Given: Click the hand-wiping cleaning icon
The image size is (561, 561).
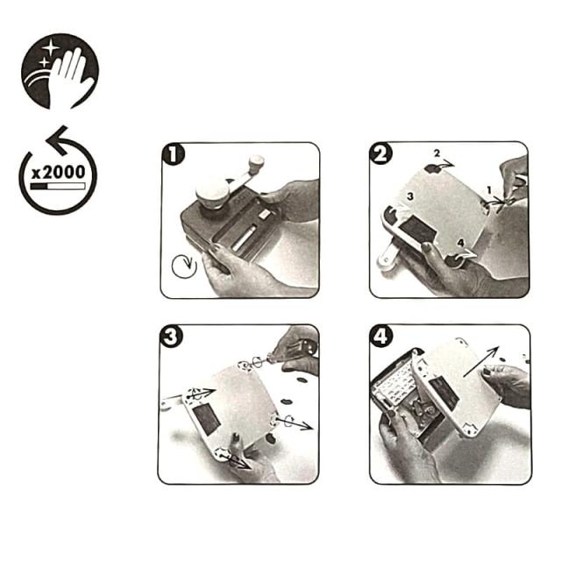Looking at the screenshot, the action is point(60,71).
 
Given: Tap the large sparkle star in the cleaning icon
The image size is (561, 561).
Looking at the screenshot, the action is point(51,47).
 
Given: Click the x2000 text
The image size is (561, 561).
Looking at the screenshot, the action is point(59,173).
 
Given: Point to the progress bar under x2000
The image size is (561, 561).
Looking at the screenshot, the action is point(58,186).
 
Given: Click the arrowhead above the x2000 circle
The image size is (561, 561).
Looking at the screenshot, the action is point(58,140).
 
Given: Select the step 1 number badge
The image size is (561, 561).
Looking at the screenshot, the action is point(174,154).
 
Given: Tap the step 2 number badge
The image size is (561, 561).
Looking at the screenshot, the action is point(380,153).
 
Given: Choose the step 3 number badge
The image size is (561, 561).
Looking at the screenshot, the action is point(171,337).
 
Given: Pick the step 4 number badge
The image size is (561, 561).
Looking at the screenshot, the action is point(381,336).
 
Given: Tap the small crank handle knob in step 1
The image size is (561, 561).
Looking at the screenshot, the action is point(257,162).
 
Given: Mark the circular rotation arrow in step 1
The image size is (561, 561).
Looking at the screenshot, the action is point(184,266).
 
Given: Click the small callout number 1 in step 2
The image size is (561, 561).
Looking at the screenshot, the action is point(489,189).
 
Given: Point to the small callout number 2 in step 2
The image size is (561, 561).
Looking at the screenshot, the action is point(437,153).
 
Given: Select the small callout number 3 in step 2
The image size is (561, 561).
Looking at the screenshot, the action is point(410,196).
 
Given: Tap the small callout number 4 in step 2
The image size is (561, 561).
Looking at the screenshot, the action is point(461,243).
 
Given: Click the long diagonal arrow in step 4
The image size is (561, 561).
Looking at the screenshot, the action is point(481,361).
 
